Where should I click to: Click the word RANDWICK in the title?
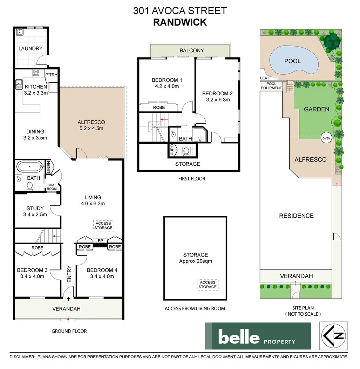point(180,22)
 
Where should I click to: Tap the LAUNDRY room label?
point(30,49)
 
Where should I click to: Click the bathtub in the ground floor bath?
point(29,166)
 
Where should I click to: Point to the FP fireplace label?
point(100,241)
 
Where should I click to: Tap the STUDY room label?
point(35,209)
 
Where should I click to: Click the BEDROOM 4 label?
point(102,270)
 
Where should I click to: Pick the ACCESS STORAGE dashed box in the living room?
point(103,225)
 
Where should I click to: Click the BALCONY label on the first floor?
point(191,50)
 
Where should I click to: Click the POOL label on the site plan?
point(292,61)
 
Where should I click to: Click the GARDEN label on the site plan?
point(317,109)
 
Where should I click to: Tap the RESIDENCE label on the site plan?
point(296,216)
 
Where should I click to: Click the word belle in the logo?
point(239,337)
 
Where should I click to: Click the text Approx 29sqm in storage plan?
point(195,261)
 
